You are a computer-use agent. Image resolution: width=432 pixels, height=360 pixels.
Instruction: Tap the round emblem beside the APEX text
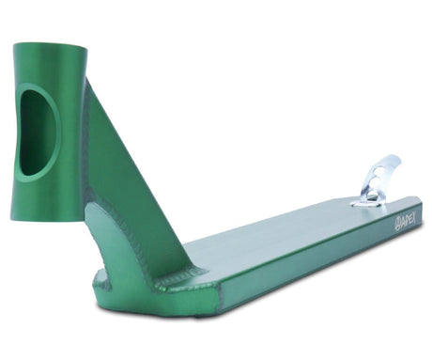click(x=396, y=222)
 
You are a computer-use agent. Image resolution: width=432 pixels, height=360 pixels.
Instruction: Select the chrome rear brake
click(x=376, y=181)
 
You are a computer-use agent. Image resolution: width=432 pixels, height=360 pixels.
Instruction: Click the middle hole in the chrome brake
click(x=376, y=183)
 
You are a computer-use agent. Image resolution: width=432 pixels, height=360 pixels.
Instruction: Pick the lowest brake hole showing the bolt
click(x=372, y=196)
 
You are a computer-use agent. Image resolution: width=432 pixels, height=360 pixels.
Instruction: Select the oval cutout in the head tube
click(x=39, y=133)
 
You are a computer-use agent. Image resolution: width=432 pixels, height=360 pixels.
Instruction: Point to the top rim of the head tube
click(x=50, y=46)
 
